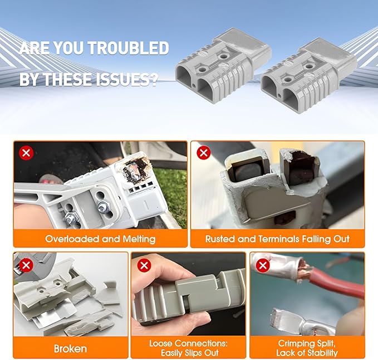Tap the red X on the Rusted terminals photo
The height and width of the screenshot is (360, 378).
pos(203,152)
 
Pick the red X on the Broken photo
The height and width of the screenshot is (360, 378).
pos(25,265)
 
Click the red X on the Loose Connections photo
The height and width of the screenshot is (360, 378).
pos(144,265)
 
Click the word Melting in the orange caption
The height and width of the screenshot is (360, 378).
pos(135,239)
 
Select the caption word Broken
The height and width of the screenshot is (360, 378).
pos(70,349)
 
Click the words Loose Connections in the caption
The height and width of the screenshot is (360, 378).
pos(188,343)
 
